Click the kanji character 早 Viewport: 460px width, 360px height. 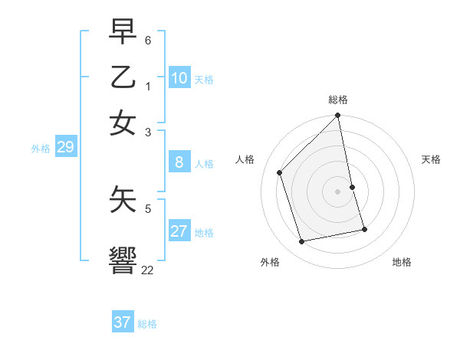[123, 32]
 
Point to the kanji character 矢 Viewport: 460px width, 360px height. [123, 198]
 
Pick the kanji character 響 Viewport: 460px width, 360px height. [123, 260]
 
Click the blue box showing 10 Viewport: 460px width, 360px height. [179, 78]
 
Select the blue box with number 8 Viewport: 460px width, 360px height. [179, 162]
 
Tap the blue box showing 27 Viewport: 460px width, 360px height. [179, 231]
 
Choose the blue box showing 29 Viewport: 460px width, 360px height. [65, 147]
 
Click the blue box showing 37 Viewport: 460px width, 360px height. [123, 322]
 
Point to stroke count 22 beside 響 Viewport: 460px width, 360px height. [148, 270]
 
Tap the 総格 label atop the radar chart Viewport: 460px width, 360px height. [338, 100]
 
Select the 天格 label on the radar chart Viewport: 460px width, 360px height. [431, 159]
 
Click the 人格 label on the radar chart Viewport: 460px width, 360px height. [245, 159]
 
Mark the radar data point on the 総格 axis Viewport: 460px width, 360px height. [338, 116]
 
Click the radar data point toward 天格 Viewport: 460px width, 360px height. [353, 187]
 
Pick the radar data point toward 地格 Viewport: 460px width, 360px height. [364, 228]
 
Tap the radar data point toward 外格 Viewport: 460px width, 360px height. [302, 242]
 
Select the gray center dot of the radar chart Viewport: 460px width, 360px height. [338, 191]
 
